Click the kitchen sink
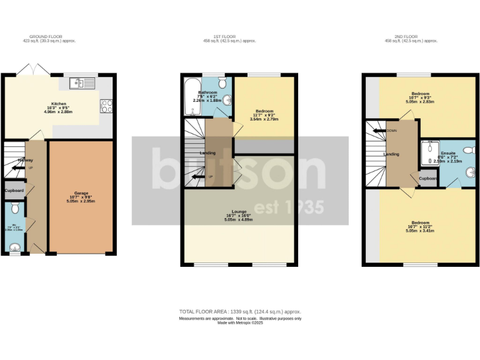pyautogui.click(x=82, y=82)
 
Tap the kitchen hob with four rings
pyautogui.click(x=105, y=106)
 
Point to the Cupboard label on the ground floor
pyautogui.click(x=14, y=190)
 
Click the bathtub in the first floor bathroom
pyautogui.click(x=190, y=98)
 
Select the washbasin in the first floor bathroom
pyautogui.click(x=227, y=99)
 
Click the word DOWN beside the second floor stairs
pyautogui.click(x=391, y=131)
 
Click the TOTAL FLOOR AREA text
pyautogui.click(x=240, y=311)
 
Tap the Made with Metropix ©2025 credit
pyautogui.click(x=240, y=322)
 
